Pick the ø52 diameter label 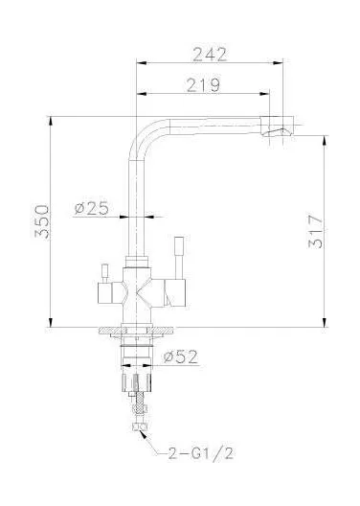pyautogui.click(x=181, y=357)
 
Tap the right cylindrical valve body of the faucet pyautogui.click(x=173, y=287)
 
